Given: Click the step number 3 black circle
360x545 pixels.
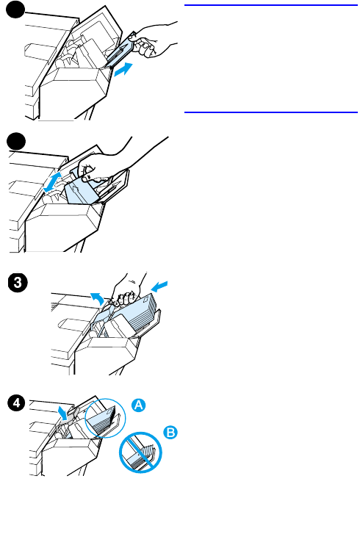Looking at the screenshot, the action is (17, 283).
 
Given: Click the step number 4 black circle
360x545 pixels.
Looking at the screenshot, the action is (17, 403).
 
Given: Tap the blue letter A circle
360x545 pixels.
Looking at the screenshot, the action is (138, 405).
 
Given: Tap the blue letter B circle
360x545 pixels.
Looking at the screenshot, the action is (170, 433).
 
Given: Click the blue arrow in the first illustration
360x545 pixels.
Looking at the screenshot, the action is (123, 69).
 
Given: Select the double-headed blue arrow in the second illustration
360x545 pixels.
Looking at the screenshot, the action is (53, 181).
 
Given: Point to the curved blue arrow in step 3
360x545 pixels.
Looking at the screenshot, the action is (98, 298).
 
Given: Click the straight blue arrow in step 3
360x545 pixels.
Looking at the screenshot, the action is (159, 286).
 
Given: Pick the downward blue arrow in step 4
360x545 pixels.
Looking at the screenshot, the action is (63, 411).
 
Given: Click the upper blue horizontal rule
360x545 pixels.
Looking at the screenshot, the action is (271, 5).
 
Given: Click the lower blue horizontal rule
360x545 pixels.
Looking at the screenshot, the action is (271, 112).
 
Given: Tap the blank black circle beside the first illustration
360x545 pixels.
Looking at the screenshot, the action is (15, 10).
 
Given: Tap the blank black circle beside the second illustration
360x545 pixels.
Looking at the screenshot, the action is (16, 142).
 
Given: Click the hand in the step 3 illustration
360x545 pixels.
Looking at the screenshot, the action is (128, 289).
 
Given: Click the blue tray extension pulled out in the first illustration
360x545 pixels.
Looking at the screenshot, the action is (120, 51).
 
